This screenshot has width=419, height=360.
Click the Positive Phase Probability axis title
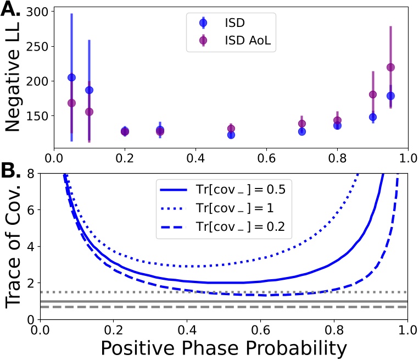(222, 347)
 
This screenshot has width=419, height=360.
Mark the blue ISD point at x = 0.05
(71, 77)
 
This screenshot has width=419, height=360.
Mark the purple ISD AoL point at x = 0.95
(390, 67)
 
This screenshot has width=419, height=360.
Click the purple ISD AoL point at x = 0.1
(89, 112)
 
